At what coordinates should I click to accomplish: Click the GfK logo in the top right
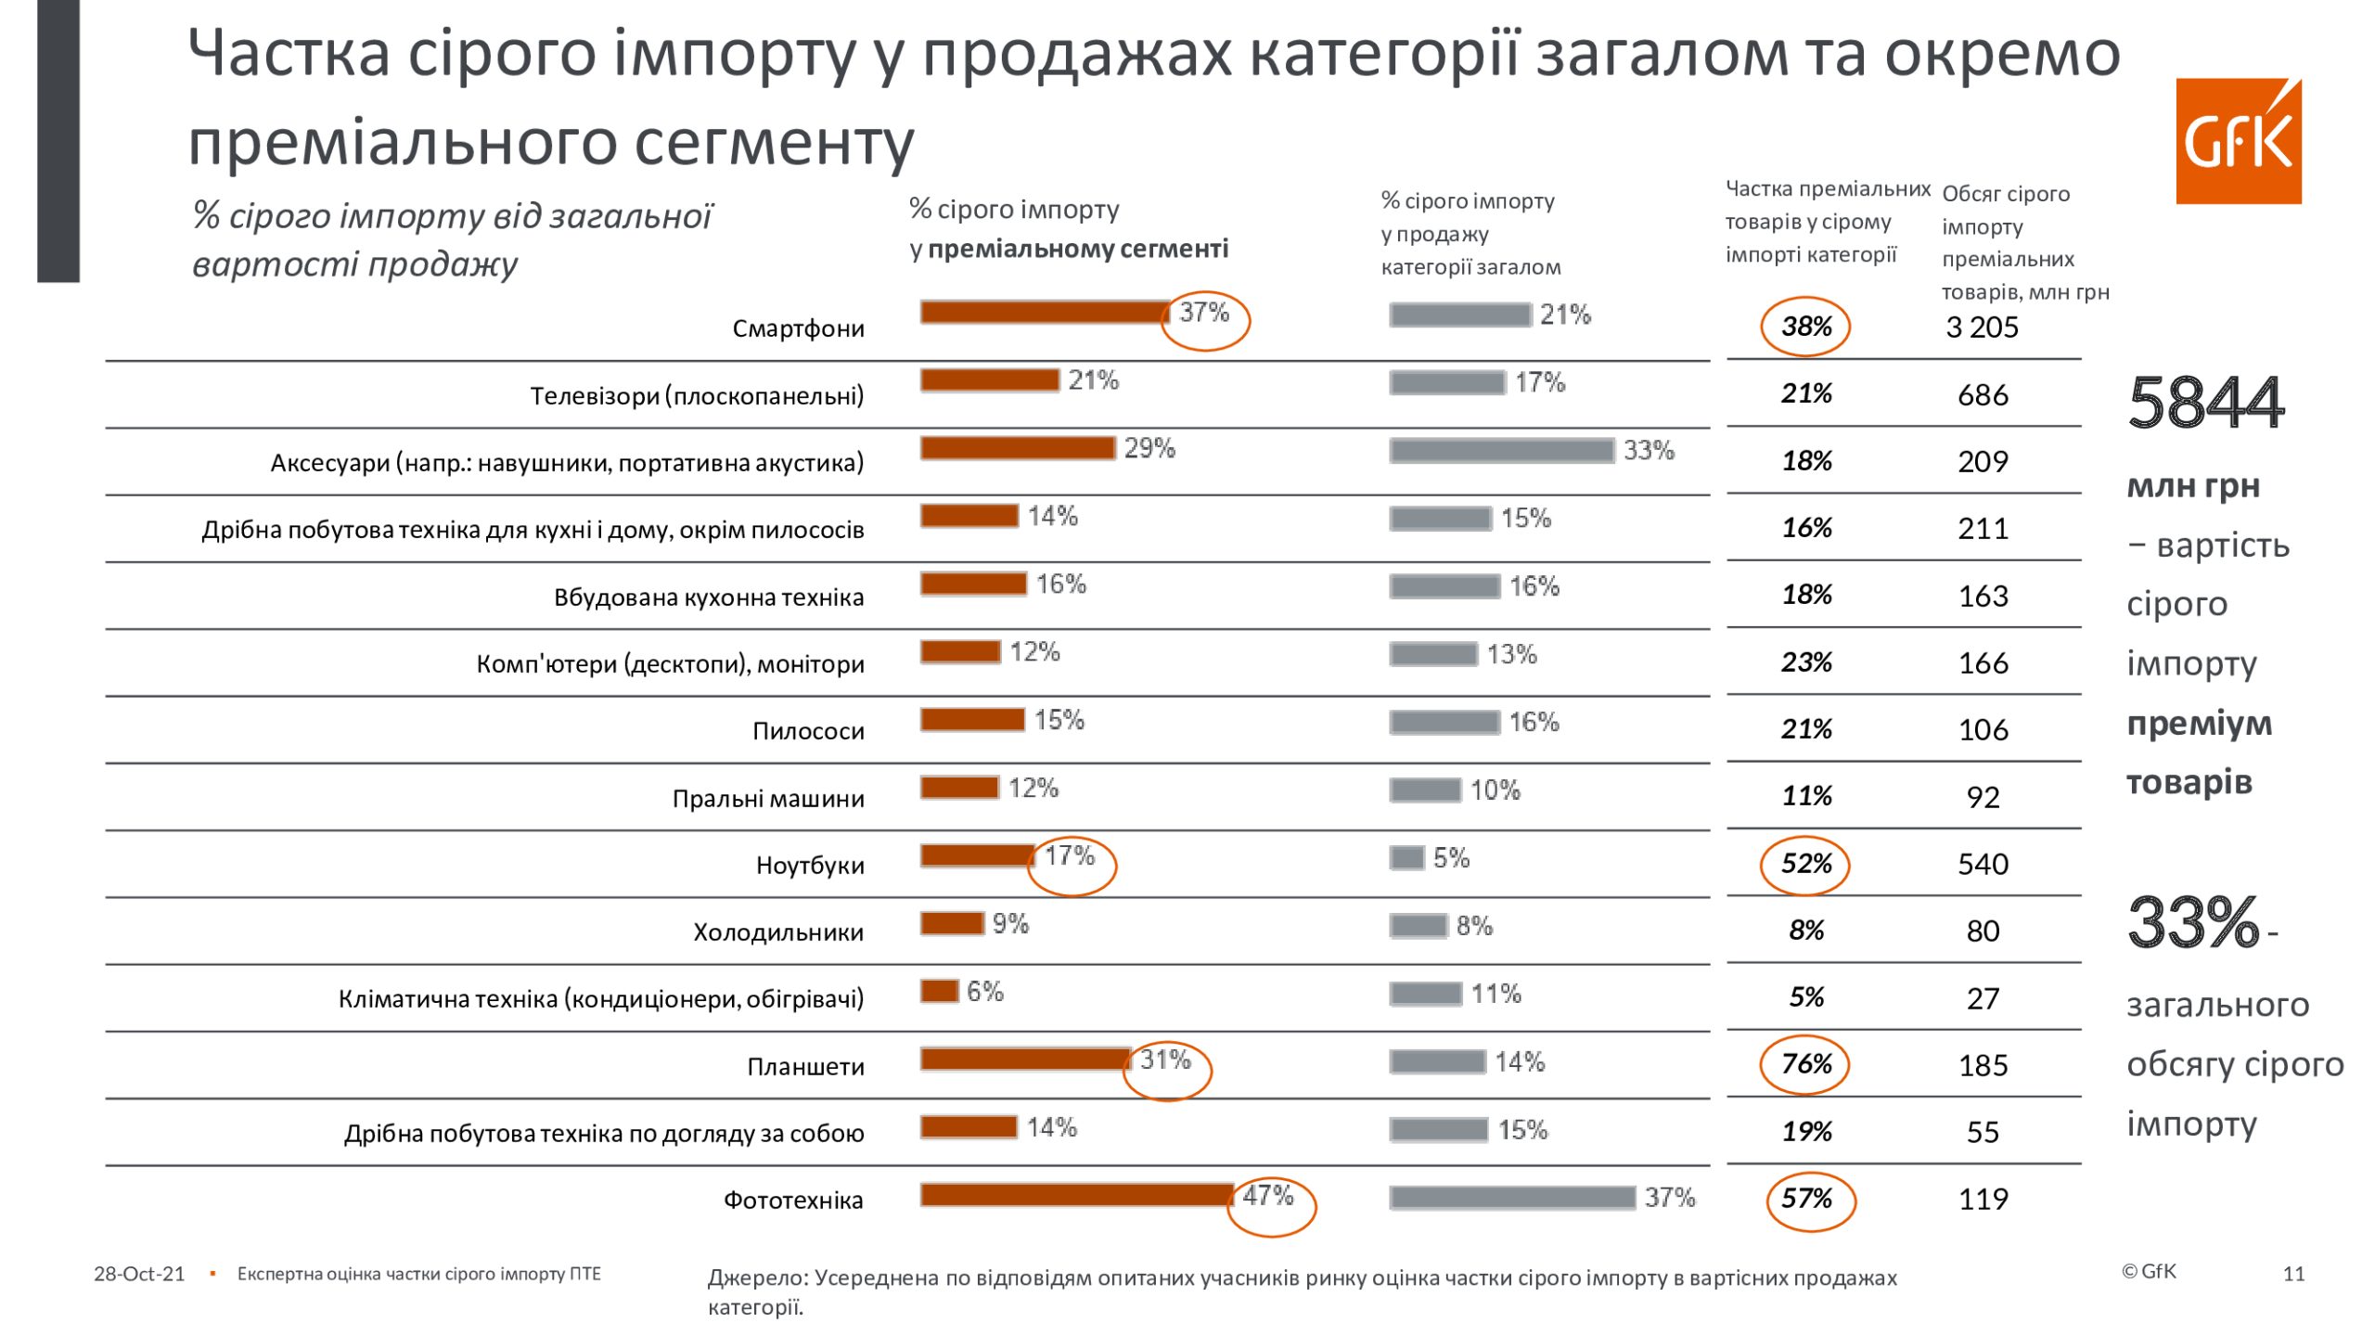2238,141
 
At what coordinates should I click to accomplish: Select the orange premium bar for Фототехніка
1076,1195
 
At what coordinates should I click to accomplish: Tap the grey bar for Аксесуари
1501,451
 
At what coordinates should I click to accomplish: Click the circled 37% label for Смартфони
1204,314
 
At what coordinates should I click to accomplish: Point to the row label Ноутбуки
810,866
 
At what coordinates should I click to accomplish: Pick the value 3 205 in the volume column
1982,328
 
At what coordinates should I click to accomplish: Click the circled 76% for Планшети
1805,1064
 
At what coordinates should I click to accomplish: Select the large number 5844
2205,404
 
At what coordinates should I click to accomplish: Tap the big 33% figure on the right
2193,922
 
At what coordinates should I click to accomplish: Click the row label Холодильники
778,932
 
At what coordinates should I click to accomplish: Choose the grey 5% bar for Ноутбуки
1406,858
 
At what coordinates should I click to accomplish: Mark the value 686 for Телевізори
1983,395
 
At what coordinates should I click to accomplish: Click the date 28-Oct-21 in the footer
139,1274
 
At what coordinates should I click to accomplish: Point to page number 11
2293,1274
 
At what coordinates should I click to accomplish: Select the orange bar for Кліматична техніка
939,992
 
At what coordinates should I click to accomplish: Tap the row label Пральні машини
768,799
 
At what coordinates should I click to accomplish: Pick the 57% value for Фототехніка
1806,1199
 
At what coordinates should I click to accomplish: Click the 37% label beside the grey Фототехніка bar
1670,1198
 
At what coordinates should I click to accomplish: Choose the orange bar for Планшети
1025,1060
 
